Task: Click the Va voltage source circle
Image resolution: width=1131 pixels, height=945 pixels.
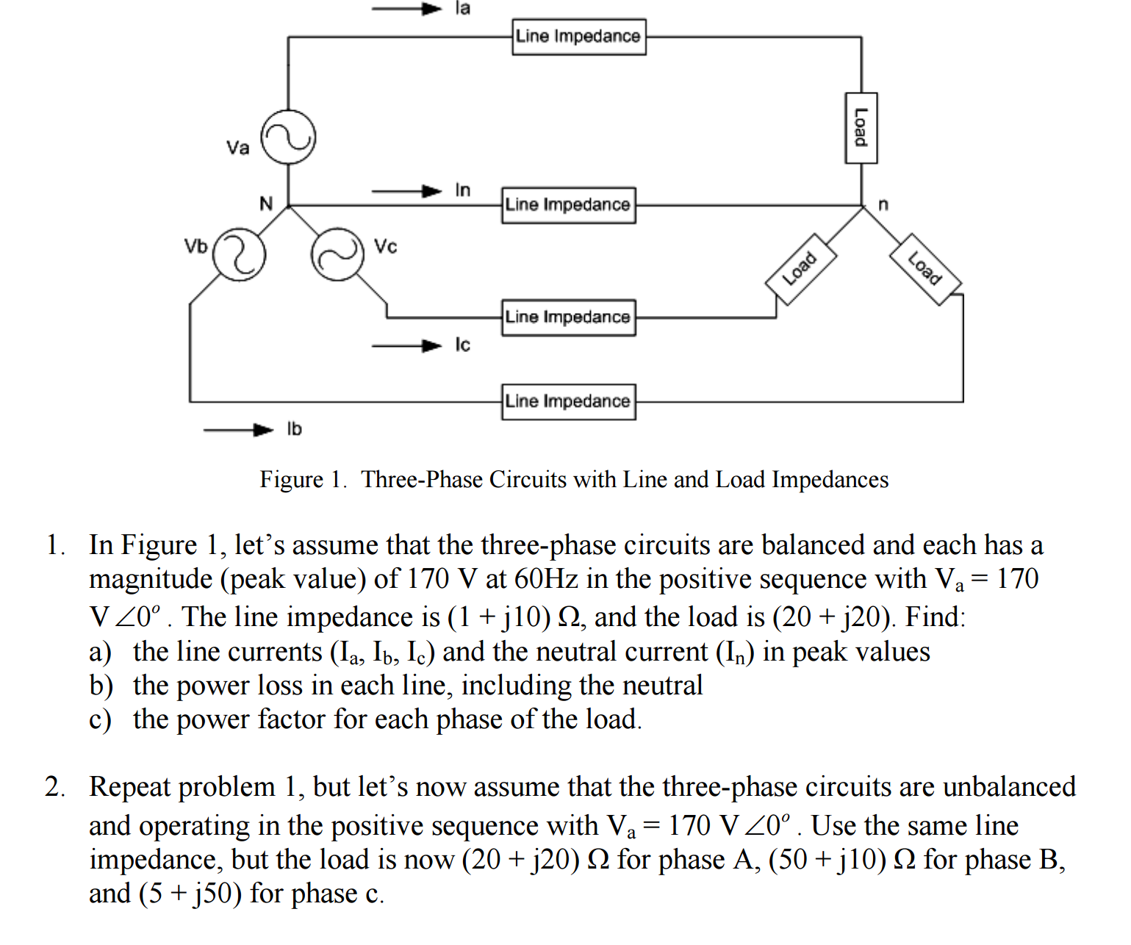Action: click(x=289, y=137)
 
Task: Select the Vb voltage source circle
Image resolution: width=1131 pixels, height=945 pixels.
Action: click(x=239, y=254)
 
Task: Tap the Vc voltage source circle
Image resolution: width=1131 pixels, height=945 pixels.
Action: click(x=337, y=254)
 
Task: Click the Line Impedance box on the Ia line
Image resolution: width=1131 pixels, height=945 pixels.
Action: click(x=579, y=37)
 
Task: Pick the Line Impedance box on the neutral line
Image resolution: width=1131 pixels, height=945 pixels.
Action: click(x=568, y=205)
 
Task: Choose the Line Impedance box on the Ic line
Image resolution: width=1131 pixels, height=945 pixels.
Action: click(x=568, y=317)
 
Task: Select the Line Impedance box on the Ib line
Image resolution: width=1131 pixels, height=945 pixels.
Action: click(x=568, y=402)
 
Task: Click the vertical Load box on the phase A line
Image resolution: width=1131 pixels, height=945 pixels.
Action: click(x=861, y=128)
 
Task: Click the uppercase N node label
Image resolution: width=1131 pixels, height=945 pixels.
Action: click(x=266, y=204)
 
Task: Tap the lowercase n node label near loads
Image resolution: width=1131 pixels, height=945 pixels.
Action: click(x=883, y=204)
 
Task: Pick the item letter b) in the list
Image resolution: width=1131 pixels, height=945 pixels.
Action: click(x=101, y=686)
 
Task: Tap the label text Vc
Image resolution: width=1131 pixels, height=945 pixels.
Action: click(x=385, y=246)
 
